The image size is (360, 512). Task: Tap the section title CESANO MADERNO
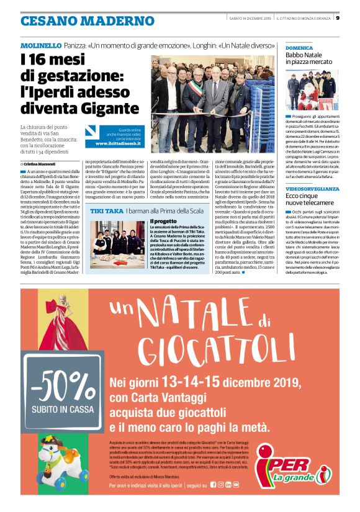[78, 20]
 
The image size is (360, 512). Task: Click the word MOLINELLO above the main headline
[40, 47]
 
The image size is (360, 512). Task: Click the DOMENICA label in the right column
[299, 47]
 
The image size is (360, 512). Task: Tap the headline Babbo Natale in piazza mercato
[309, 59]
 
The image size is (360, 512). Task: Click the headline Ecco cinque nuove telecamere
[310, 200]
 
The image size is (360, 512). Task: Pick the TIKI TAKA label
[105, 211]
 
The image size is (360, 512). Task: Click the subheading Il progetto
[164, 221]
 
